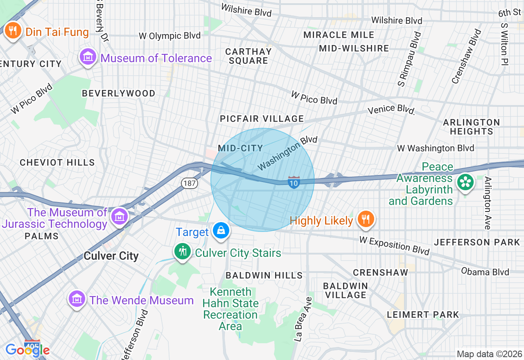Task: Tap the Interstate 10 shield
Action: pyautogui.click(x=294, y=182)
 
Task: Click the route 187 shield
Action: pyautogui.click(x=190, y=183)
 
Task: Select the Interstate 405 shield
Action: pyautogui.click(x=32, y=345)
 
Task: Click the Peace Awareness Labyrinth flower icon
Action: pyautogui.click(x=465, y=182)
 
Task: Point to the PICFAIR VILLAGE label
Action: pyautogui.click(x=262, y=119)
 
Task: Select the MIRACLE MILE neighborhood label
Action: pyautogui.click(x=339, y=35)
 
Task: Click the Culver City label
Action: pyautogui.click(x=111, y=256)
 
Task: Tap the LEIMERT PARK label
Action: pyautogui.click(x=423, y=315)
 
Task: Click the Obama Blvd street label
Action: pyautogui.click(x=485, y=272)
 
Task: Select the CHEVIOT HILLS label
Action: pyautogui.click(x=57, y=162)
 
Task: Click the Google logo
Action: pyautogui.click(x=27, y=350)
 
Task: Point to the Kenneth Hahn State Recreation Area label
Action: pyautogui.click(x=230, y=309)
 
